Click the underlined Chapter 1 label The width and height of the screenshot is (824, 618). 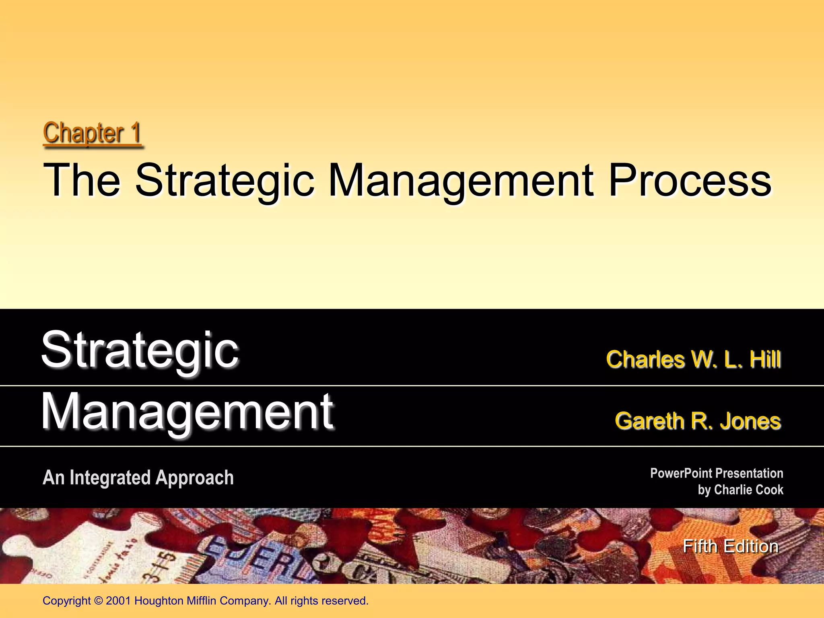(92, 133)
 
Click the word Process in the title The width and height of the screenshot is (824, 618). (690, 180)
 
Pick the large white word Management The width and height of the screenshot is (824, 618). (187, 412)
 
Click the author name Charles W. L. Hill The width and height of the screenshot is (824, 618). (693, 359)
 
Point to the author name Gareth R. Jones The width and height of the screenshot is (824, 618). (698, 421)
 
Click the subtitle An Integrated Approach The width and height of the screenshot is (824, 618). (138, 478)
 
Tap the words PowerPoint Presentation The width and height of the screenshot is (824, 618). (716, 473)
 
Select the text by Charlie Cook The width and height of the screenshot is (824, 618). (740, 490)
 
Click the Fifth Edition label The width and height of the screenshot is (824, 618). (730, 546)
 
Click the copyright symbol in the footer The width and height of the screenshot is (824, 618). (98, 601)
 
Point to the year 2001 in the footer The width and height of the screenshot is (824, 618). (119, 601)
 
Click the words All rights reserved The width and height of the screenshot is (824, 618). (321, 601)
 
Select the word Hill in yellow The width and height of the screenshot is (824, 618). (765, 359)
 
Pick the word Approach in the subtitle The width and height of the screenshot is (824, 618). (194, 478)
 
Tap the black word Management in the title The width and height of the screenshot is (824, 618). (461, 180)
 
